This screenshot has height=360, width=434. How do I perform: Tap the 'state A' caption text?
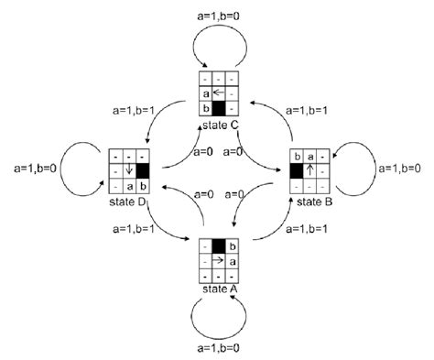coord(220,288)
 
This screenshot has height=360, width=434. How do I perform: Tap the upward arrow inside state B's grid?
coord(310,169)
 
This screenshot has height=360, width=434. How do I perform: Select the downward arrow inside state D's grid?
coord(129,170)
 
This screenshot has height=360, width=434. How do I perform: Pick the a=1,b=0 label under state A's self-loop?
coord(221,349)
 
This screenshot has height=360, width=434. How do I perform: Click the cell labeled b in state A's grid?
coord(233,245)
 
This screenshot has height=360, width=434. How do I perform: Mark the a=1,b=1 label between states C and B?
coord(313,109)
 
